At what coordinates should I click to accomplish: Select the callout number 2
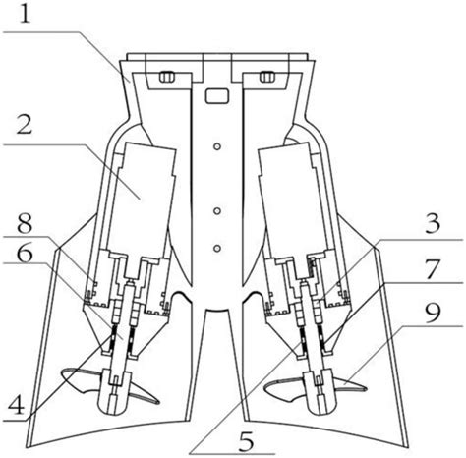point(25,124)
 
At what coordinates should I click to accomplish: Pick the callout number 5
point(247,441)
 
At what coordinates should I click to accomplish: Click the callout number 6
point(25,252)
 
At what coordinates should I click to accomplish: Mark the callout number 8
point(25,224)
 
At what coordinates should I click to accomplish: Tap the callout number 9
point(433,314)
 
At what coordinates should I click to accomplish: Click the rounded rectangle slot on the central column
point(216,96)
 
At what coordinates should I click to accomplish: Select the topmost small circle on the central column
point(216,146)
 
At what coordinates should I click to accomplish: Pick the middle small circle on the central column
point(216,211)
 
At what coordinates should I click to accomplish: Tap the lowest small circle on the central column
point(216,248)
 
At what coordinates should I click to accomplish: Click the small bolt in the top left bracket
point(166,77)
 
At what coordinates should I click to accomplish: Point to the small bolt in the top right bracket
point(267,77)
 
